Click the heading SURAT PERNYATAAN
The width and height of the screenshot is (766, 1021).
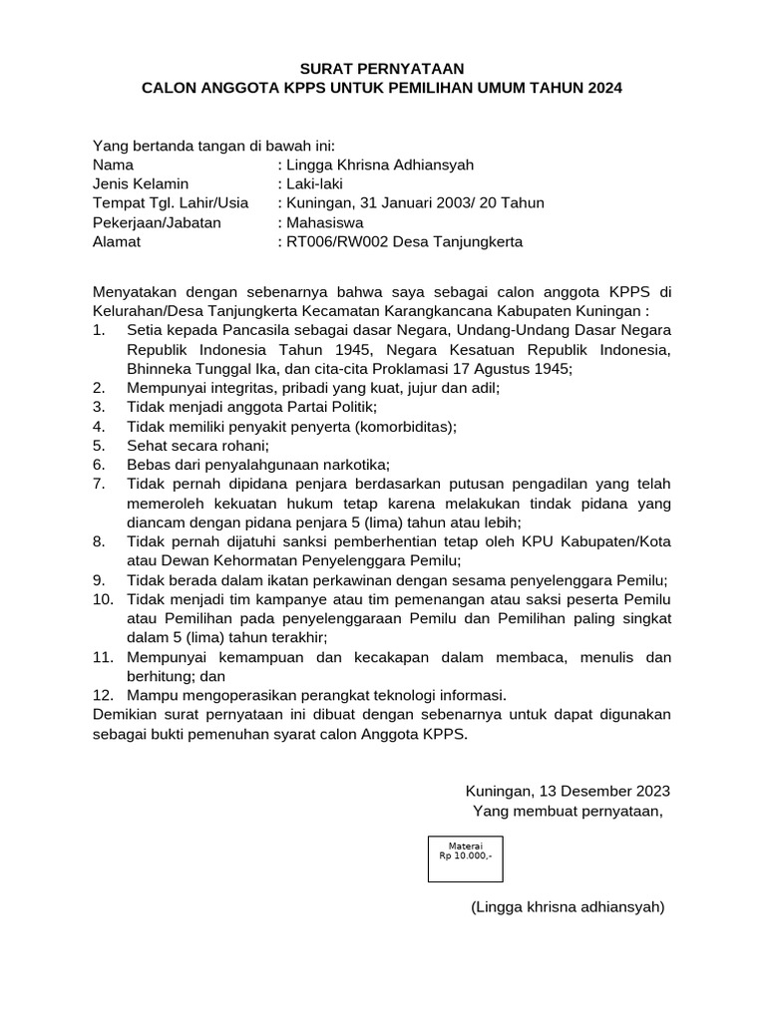click(x=383, y=68)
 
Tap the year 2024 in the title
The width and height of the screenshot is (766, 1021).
click(x=603, y=88)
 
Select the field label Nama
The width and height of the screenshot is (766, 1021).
click(x=113, y=165)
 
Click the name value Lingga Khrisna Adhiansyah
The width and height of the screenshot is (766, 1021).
click(x=380, y=165)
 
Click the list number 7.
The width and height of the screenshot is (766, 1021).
click(x=100, y=484)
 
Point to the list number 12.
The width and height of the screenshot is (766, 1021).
click(x=103, y=695)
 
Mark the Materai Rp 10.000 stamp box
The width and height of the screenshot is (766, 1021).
click(x=466, y=857)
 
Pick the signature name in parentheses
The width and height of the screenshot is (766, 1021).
click(x=568, y=906)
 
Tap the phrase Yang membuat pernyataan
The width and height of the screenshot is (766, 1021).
click(x=568, y=811)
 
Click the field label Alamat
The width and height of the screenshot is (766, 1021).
click(x=117, y=241)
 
